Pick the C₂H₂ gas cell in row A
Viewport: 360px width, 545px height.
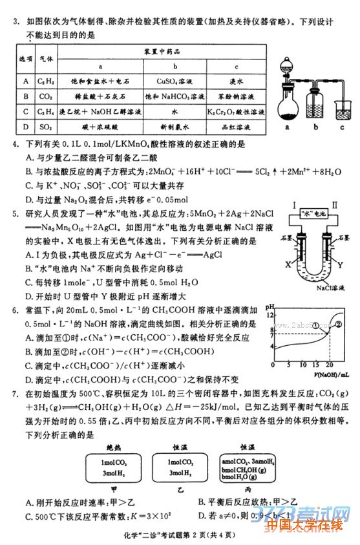46,81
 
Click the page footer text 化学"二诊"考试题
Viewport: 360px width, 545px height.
153,534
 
